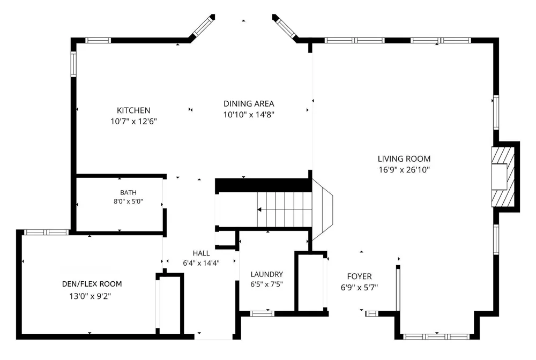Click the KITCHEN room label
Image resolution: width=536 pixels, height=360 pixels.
click(x=133, y=110)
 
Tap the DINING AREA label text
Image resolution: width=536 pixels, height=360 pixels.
click(x=249, y=103)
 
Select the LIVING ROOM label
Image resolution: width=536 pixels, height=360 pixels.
click(x=404, y=159)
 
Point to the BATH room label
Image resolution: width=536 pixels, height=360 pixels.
click(x=128, y=193)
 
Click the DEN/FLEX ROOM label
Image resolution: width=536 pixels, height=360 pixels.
click(x=92, y=284)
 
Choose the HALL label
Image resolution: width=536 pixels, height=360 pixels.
click(x=202, y=253)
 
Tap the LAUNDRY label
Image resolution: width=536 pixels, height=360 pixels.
click(x=266, y=274)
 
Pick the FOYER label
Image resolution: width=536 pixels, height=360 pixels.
click(x=359, y=276)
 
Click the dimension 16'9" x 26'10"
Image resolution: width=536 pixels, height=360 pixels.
click(x=404, y=170)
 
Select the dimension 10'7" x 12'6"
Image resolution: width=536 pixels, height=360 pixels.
click(x=133, y=121)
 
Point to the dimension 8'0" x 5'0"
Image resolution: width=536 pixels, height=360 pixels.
click(x=128, y=201)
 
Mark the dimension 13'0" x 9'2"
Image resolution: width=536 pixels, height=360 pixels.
click(x=90, y=296)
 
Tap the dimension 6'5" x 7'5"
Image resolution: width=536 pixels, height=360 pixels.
click(x=266, y=284)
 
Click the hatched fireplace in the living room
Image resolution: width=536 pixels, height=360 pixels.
click(x=503, y=177)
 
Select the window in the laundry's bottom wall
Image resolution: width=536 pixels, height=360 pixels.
click(x=262, y=313)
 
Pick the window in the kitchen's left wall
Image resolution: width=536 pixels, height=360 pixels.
click(x=73, y=64)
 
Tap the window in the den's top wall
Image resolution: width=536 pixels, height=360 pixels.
click(x=47, y=232)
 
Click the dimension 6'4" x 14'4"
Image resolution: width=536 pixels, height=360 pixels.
click(x=202, y=263)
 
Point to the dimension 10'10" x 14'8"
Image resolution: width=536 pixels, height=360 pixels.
click(x=249, y=115)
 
